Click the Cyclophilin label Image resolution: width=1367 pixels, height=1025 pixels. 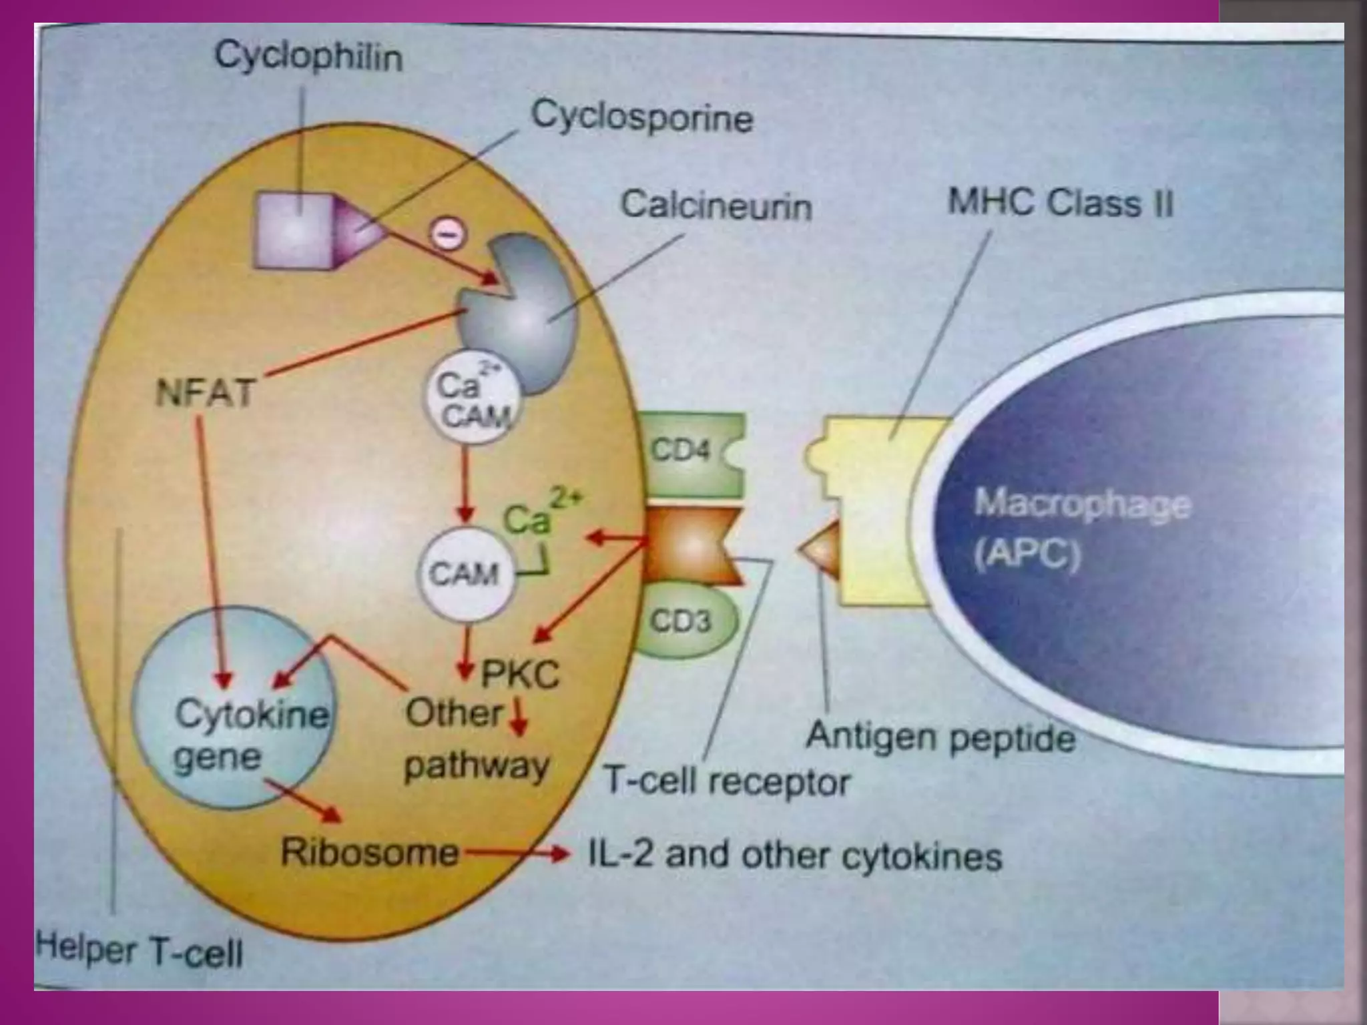tap(308, 57)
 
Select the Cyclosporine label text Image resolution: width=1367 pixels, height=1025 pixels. tap(641, 117)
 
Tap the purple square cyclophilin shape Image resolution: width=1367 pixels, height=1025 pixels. tap(294, 231)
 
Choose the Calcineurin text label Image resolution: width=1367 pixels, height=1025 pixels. tap(716, 205)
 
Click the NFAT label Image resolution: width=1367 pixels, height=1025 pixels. tap(205, 392)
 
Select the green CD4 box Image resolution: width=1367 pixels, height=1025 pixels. tap(691, 452)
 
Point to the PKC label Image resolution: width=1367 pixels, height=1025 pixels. tap(519, 674)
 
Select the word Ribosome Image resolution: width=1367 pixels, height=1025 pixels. tap(370, 852)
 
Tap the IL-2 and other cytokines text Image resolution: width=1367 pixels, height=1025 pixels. tap(794, 856)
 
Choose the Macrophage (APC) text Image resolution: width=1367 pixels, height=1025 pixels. tap(1081, 527)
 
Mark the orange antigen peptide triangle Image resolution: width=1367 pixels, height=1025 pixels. tap(821, 549)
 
